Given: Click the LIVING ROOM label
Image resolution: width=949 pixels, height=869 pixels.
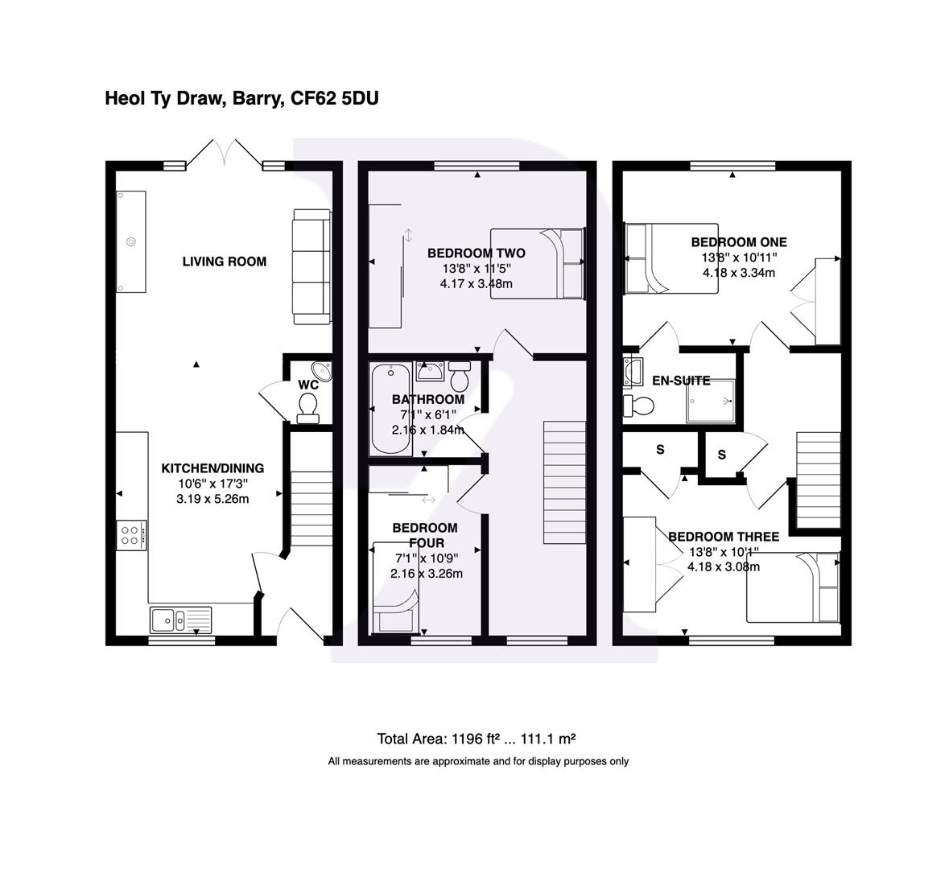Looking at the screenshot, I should tap(224, 262).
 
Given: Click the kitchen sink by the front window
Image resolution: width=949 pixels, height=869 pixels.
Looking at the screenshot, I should tap(179, 620).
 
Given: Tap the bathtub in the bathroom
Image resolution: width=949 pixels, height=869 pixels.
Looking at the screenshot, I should tap(390, 408).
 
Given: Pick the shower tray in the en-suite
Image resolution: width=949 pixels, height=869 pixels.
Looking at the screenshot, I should tap(712, 401).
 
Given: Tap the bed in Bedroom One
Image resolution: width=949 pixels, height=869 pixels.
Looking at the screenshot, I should tap(670, 259).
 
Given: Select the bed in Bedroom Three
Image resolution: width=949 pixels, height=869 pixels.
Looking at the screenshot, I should tap(793, 588).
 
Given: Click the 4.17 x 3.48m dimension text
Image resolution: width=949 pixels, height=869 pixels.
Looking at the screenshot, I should tap(477, 284).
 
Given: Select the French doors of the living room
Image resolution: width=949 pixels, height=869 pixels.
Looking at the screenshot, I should tap(225, 154).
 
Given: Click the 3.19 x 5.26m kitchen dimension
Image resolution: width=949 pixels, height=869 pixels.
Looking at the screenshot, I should tap(212, 499).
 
